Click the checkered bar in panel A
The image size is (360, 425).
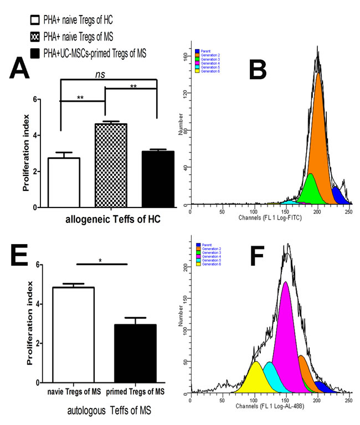[x=111, y=165]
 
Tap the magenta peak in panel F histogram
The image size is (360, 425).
[x=286, y=332]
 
